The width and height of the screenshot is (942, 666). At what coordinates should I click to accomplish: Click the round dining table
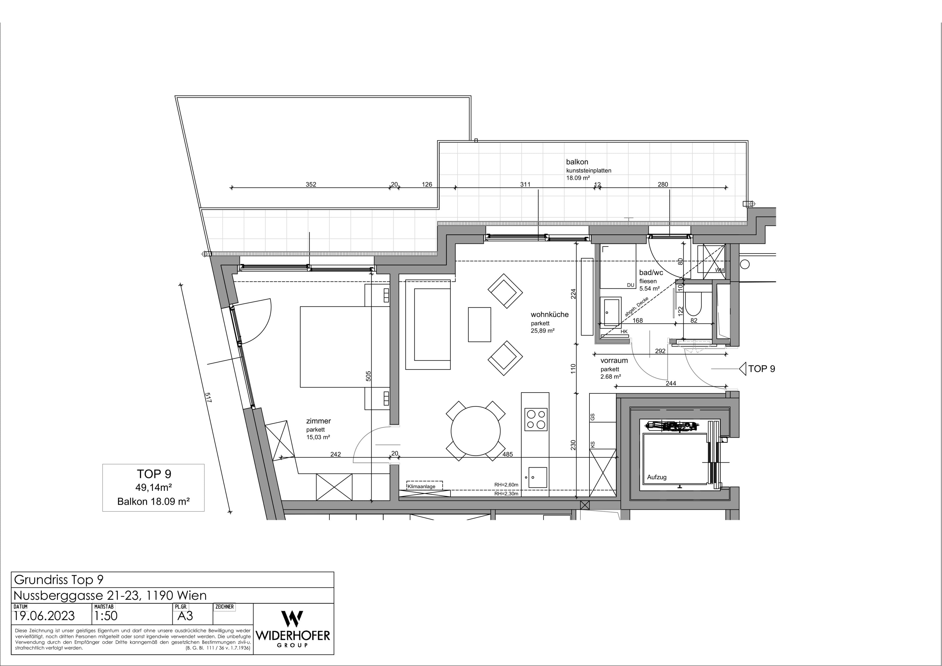click(476, 431)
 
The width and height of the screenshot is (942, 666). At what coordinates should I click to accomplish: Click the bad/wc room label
click(651, 273)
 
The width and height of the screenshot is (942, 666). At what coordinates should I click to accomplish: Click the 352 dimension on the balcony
click(311, 185)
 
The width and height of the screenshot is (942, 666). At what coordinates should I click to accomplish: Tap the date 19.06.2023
click(44, 616)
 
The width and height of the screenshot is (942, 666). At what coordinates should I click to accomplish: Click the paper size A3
click(185, 616)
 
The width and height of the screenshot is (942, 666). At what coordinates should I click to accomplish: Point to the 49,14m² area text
click(153, 488)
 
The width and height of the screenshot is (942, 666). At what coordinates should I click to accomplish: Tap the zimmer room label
click(318, 421)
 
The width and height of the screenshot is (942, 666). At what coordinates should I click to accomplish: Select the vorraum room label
click(614, 361)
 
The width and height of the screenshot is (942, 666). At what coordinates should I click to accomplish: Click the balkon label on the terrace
click(577, 162)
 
